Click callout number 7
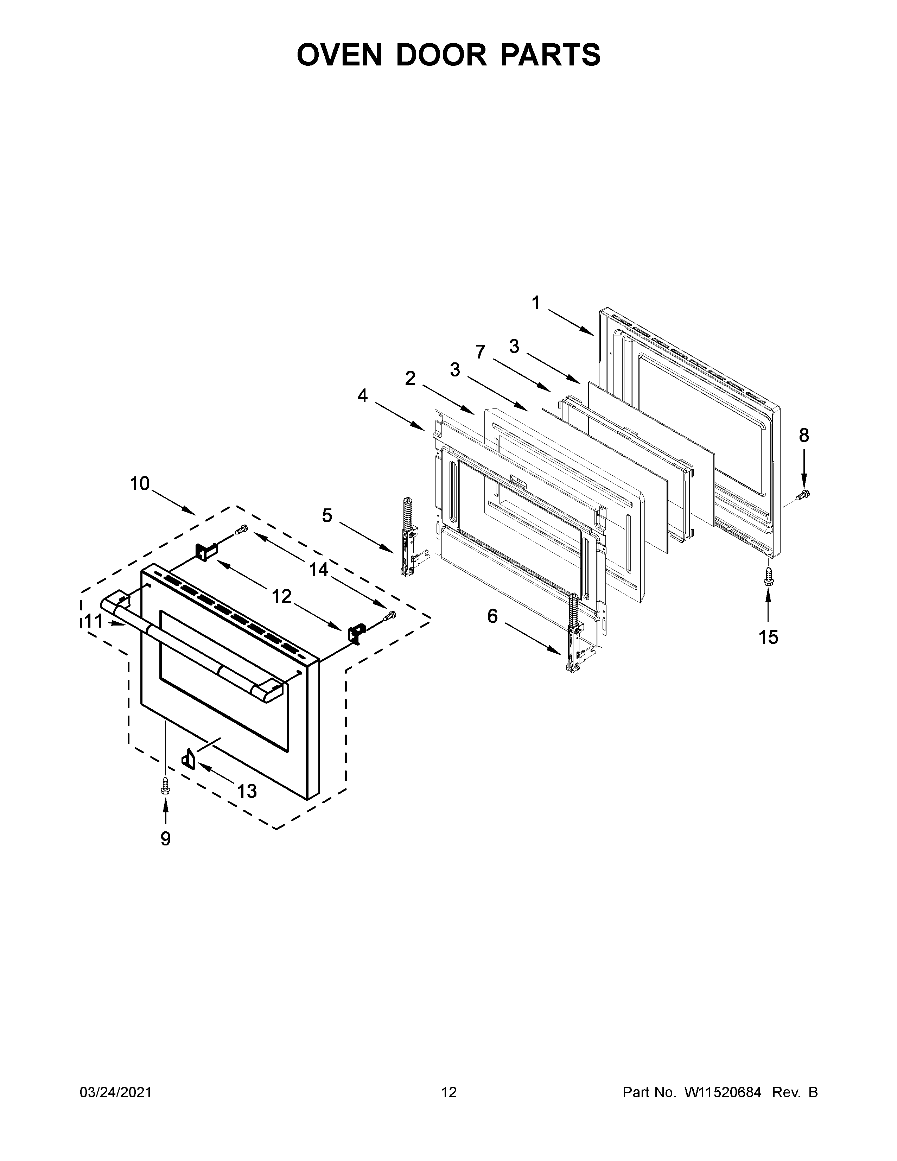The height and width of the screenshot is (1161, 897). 481,352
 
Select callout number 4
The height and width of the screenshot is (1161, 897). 362,395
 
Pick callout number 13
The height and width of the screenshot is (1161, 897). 247,792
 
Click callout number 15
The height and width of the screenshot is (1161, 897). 768,637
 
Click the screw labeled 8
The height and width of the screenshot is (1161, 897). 802,494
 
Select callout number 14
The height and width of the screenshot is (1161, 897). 319,570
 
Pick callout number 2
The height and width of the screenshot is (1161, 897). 410,379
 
